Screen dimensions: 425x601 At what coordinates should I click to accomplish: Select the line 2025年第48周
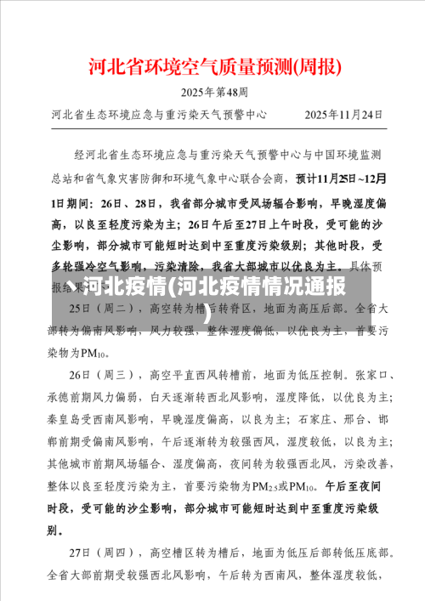(x=213, y=92)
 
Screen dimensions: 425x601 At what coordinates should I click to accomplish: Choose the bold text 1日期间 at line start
(x=71, y=201)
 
